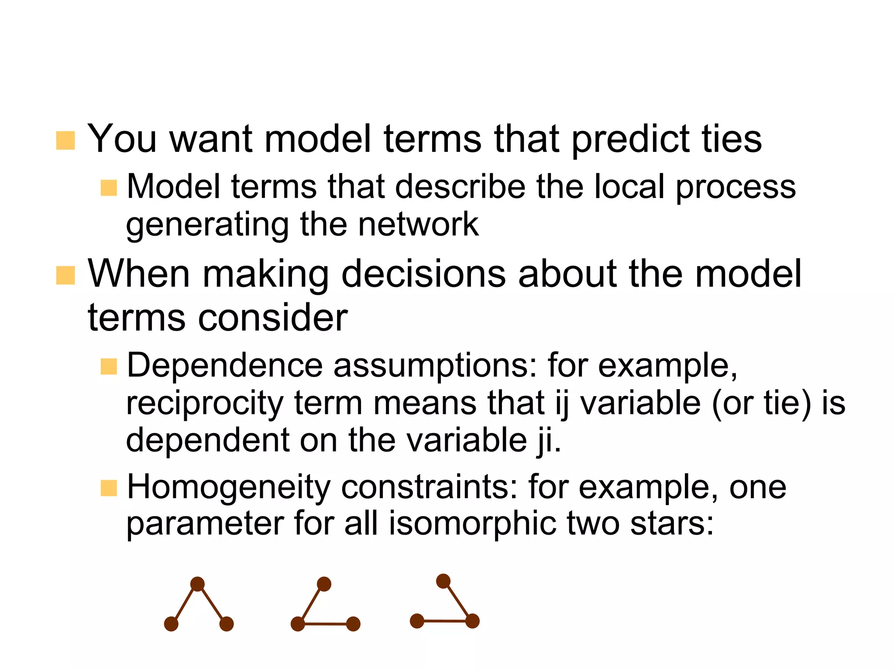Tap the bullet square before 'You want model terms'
[65, 140]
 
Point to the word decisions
[423, 274]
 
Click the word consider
[273, 318]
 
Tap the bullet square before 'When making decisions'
[65, 275]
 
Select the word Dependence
[224, 366]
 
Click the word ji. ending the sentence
[547, 440]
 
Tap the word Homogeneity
[228, 487]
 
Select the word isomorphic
[472, 523]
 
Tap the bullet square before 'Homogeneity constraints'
[109, 488]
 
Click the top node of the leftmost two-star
[197, 584]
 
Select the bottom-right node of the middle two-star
[353, 624]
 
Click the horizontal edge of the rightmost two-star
[445, 621]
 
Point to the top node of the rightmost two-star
[443, 581]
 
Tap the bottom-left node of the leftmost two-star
[171, 624]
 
